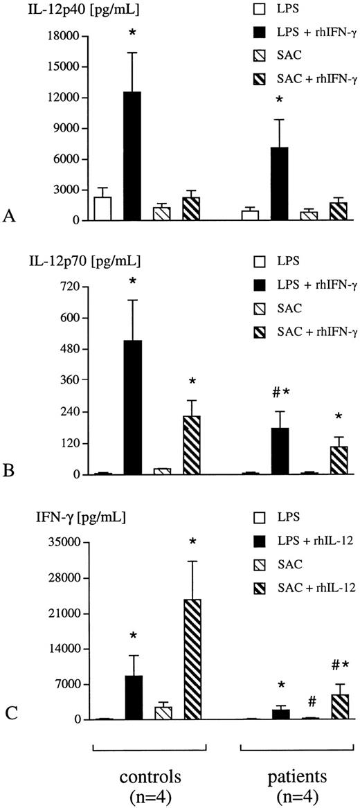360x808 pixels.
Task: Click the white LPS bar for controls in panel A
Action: [x=102, y=208]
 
